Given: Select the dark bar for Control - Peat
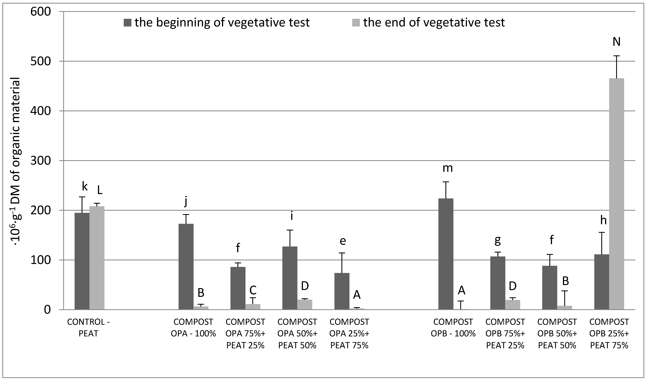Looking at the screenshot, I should (82, 261).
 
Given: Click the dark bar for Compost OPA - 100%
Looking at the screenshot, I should (186, 267).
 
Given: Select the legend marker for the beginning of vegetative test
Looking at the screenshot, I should (128, 23).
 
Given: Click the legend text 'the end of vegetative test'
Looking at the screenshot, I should (434, 23).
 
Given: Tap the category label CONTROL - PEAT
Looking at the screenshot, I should (88, 328).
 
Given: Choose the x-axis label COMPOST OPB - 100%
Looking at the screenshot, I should (453, 328).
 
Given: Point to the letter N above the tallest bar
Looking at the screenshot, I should (616, 42).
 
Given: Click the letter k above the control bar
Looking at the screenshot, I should (85, 186).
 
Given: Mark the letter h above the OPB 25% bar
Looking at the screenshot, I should (603, 221).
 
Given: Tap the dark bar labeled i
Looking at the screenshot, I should (290, 278).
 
